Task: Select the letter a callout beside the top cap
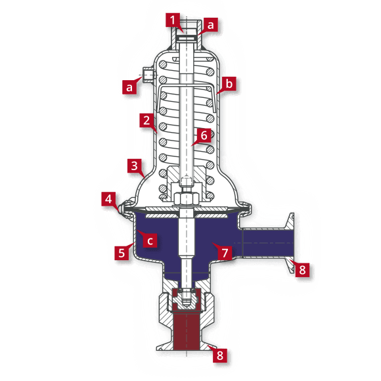click(x=211, y=24)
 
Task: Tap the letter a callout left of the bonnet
click(x=130, y=85)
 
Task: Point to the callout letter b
click(x=229, y=85)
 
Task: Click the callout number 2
click(x=145, y=121)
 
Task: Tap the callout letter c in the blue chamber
click(x=150, y=240)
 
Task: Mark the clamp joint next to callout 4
click(x=123, y=209)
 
